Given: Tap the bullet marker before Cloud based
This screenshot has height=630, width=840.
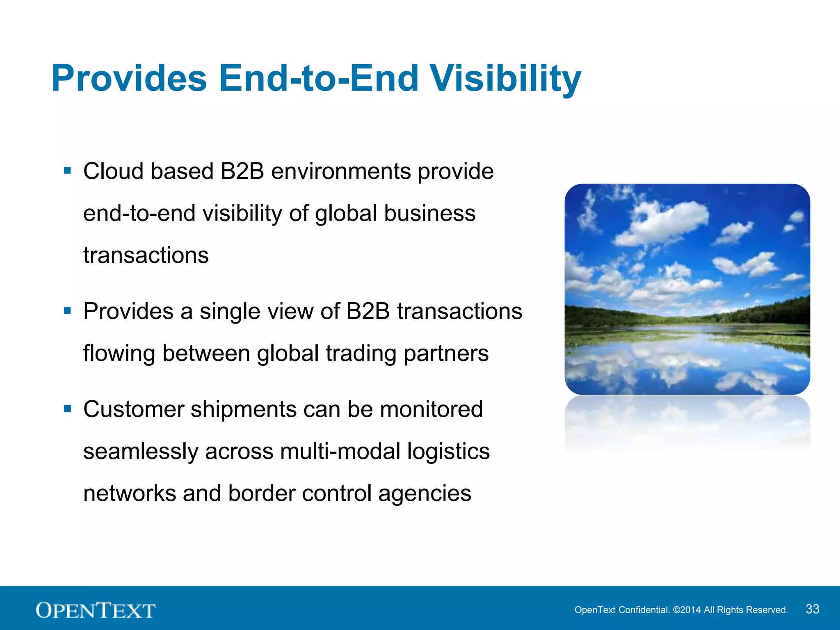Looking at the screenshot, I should coord(68,170).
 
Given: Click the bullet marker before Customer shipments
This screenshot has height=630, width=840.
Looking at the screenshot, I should coord(68,409).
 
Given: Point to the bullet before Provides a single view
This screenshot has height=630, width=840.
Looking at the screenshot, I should coord(68,311).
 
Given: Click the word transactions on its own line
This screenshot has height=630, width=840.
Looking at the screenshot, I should coord(146,255).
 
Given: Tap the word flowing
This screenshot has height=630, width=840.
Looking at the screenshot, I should coord(119,354).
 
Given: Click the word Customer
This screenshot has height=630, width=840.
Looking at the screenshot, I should coord(134,409).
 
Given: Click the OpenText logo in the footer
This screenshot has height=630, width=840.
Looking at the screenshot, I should coord(96,610).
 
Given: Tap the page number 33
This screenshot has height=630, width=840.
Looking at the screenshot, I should coord(813,609).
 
